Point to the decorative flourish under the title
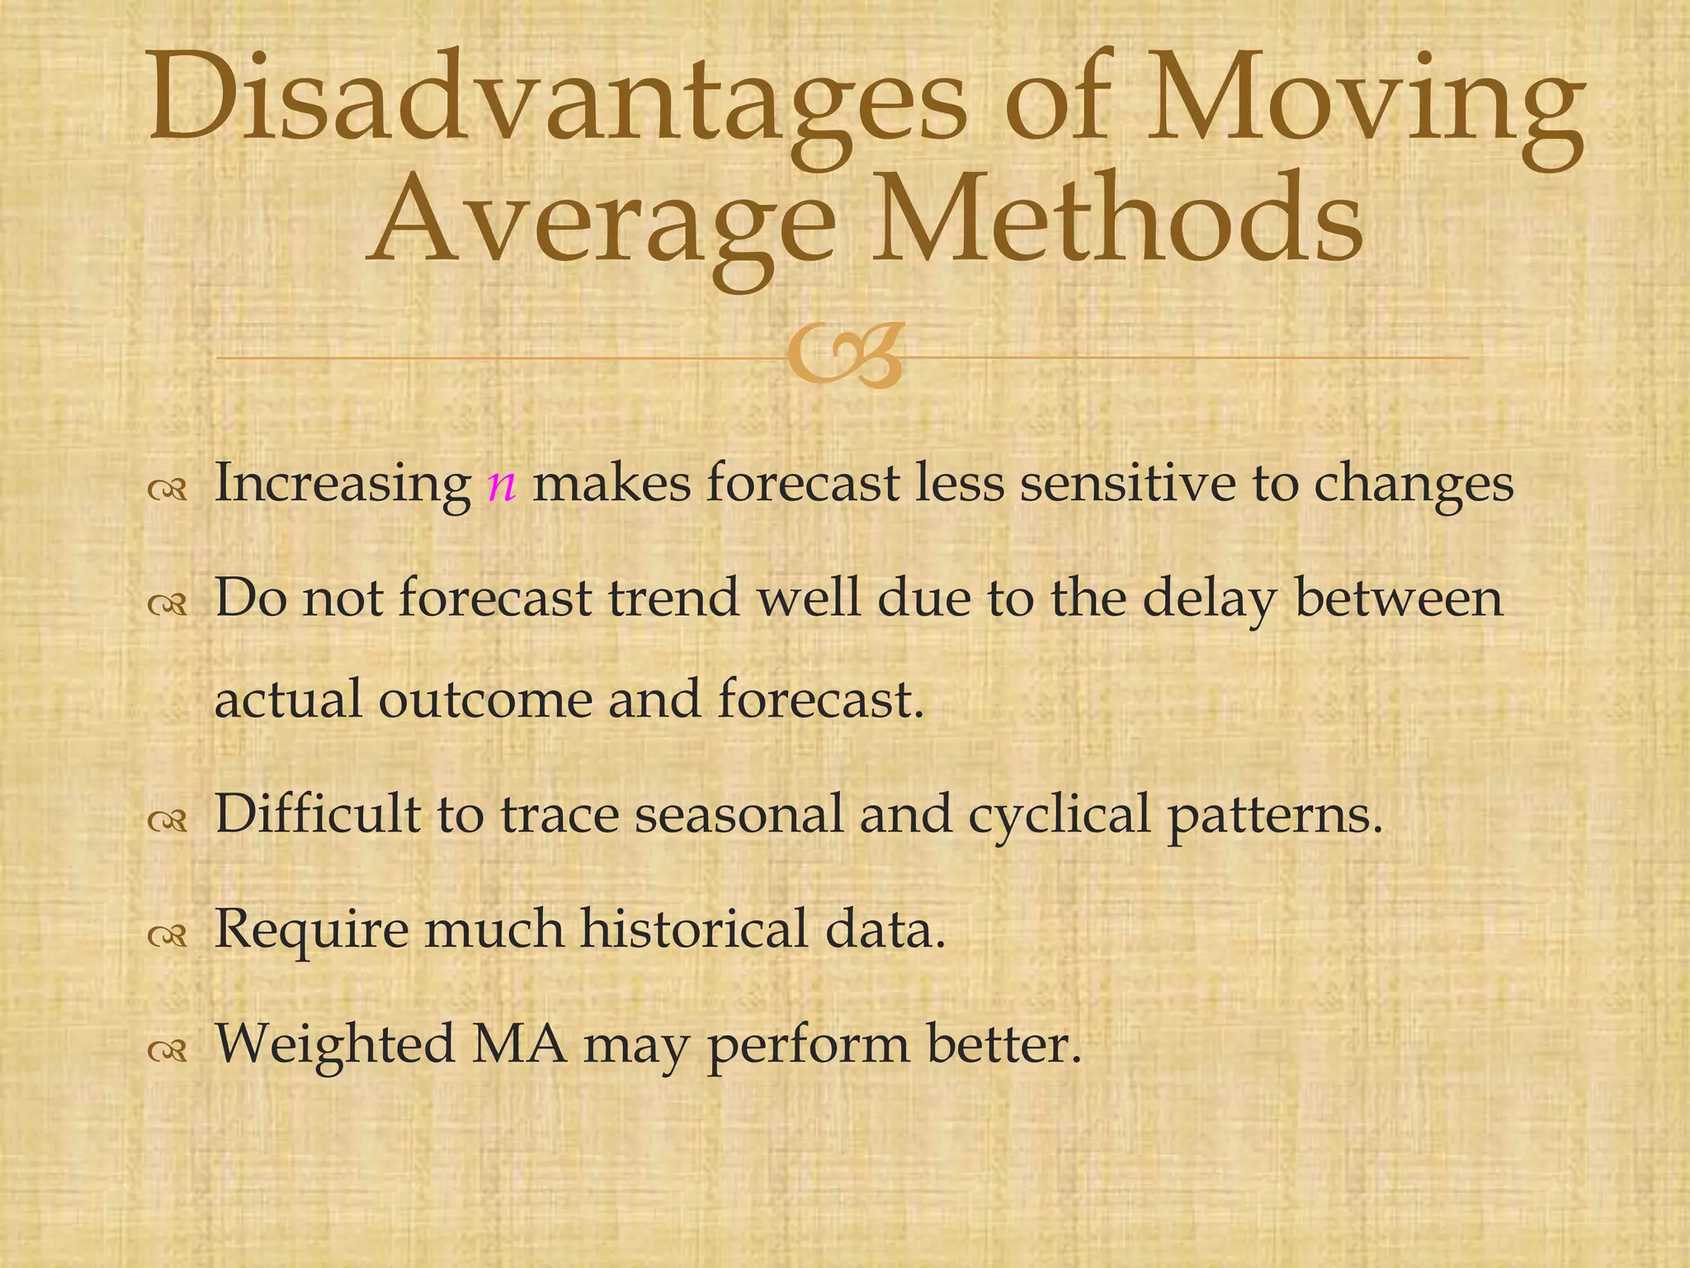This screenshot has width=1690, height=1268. point(843,357)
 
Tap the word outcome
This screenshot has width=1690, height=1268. point(485,699)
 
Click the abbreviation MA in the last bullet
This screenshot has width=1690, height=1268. point(519,1043)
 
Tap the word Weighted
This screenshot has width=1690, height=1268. point(335,1045)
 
